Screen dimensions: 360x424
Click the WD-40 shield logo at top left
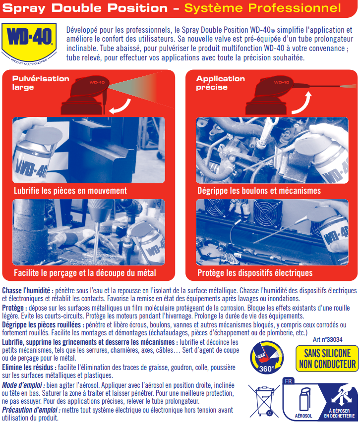coord(29,43)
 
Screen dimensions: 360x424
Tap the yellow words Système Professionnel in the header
coord(262,8)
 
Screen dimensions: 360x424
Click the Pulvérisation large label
coord(41,83)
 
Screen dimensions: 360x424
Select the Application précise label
coord(220,83)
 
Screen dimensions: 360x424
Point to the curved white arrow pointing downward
coord(122,106)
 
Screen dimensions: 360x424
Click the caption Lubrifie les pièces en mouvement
coord(70,191)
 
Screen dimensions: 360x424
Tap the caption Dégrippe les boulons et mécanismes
coord(259,191)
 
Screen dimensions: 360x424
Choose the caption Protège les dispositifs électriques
coord(255,273)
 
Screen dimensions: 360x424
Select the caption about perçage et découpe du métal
coord(85,273)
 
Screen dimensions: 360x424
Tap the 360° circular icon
coord(266,358)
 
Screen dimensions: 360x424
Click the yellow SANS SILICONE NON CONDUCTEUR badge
coord(327,359)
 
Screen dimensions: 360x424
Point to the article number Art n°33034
coord(327,340)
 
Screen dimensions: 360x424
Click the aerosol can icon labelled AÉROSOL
coord(303,400)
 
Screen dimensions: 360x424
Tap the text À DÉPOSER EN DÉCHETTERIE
coord(340,414)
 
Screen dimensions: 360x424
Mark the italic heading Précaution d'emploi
coord(31,410)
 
